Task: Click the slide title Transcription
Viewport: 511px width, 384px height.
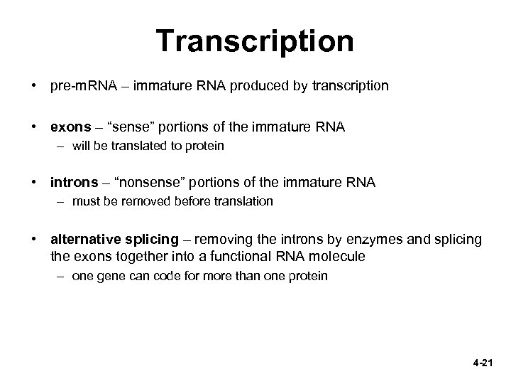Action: (x=255, y=41)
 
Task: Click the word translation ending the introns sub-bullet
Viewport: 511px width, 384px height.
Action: (x=243, y=201)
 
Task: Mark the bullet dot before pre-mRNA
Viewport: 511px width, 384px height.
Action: (x=33, y=87)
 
